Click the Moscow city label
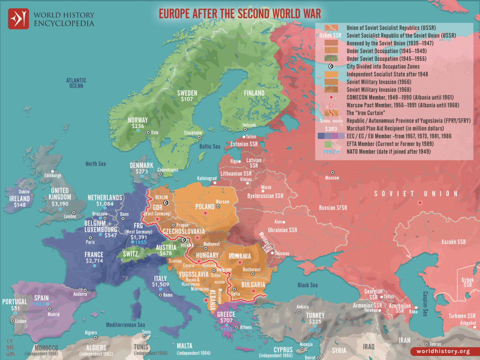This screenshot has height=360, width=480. tap(332, 178)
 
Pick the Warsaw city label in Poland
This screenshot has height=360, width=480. tap(222, 202)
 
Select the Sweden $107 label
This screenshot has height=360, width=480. tap(187, 99)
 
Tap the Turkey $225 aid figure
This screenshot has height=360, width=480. tap(315, 322)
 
